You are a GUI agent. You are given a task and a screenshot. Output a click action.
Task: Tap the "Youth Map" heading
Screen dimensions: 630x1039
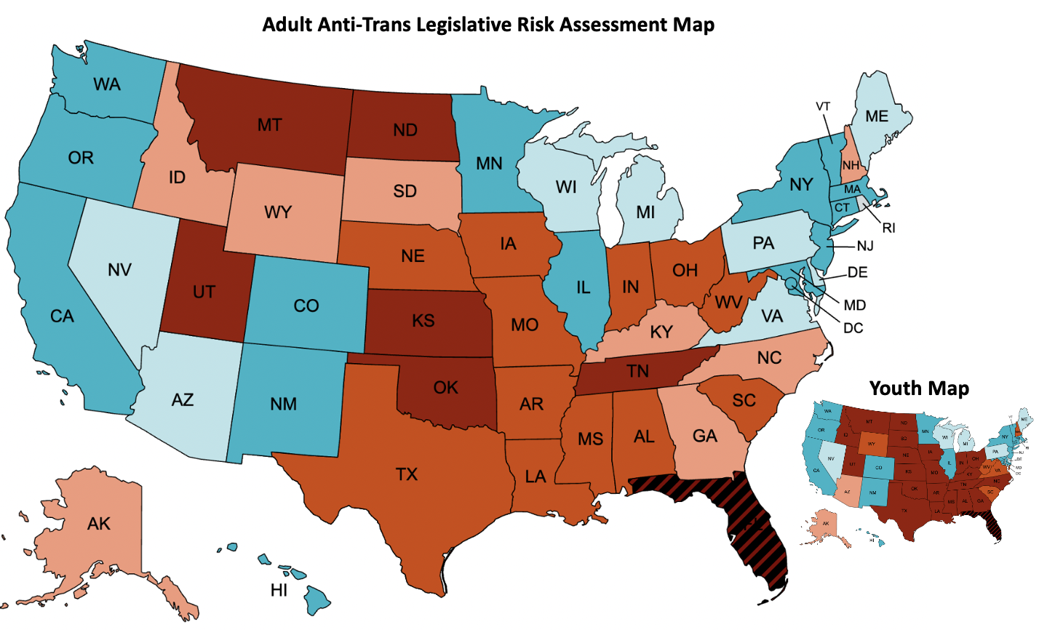coord(919,388)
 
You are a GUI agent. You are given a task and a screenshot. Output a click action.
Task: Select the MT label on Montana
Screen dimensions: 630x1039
coord(269,125)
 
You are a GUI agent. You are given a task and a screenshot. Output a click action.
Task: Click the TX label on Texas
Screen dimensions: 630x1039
coord(407,474)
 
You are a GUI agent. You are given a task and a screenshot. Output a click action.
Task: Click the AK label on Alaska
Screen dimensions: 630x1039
coord(99,523)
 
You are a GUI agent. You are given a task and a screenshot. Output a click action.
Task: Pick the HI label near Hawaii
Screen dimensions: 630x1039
coord(279,590)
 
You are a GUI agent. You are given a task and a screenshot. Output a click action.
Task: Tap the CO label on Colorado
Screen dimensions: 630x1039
coord(306,306)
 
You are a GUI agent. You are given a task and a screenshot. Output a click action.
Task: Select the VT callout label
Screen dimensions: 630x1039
coord(823,106)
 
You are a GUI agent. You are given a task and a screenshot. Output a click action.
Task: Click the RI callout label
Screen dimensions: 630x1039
coord(888,228)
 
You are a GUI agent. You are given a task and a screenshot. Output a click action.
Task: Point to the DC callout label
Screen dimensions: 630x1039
coord(853,328)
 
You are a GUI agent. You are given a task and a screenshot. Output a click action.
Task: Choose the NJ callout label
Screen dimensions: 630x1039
coord(864,246)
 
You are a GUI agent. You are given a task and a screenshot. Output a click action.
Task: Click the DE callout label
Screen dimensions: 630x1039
coord(857,273)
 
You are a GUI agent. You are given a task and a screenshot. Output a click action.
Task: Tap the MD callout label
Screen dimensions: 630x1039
coord(855,305)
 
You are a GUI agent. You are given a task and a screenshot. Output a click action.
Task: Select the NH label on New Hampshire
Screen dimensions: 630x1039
coord(851,166)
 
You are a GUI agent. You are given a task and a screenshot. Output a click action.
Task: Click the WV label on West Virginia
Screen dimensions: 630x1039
coord(728,301)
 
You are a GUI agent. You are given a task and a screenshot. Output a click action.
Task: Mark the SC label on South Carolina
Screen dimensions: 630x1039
coord(744,400)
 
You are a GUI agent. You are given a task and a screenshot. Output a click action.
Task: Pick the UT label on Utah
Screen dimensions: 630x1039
coord(204,292)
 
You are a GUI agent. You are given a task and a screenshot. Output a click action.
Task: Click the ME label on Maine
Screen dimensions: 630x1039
coord(877,116)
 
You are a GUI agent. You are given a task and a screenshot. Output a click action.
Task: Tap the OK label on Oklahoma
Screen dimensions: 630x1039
coord(445,387)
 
